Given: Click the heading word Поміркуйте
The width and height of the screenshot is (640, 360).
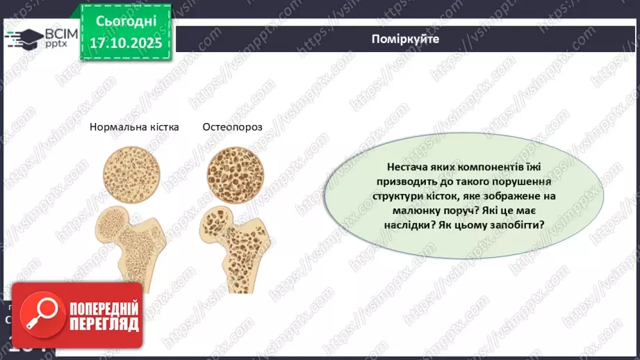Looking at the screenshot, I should coord(405,39).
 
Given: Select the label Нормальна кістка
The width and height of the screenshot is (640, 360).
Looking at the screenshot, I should coord(134,127).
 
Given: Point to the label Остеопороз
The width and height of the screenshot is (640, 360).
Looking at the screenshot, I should coord(231,127).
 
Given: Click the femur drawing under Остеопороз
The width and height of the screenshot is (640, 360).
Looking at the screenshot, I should coord(229,243).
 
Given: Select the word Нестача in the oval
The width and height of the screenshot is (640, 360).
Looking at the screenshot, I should coord(406,168).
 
